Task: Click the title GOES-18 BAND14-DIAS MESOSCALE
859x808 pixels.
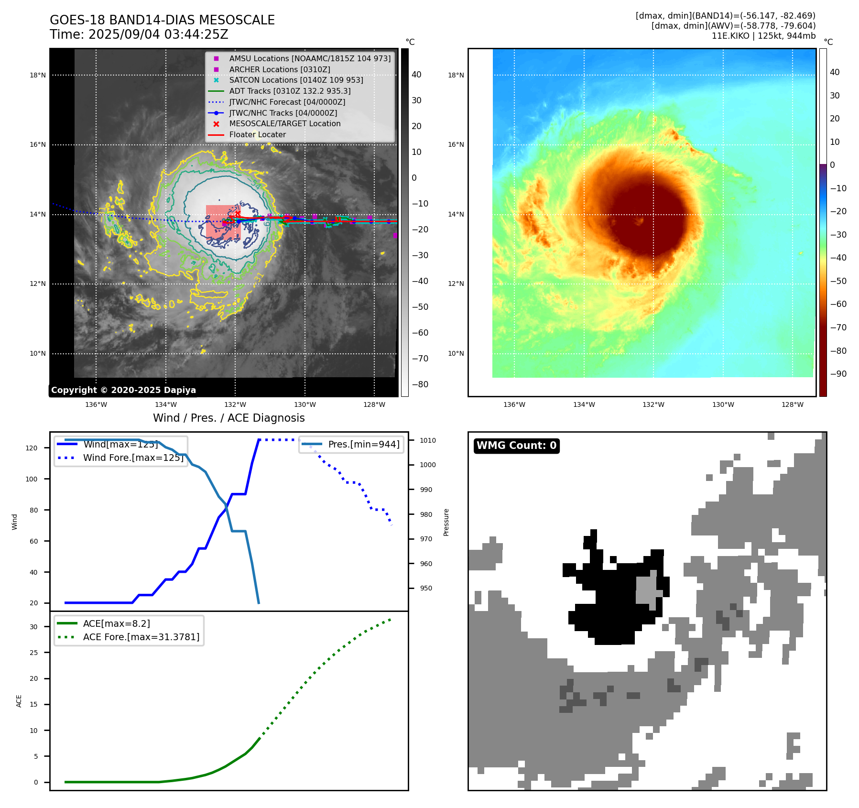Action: pos(162,20)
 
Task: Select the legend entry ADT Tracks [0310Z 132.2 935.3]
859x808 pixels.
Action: pos(290,91)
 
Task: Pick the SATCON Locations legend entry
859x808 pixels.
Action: pos(296,80)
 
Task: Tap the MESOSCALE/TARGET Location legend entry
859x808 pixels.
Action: pos(284,123)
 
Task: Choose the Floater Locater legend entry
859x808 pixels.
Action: pos(257,134)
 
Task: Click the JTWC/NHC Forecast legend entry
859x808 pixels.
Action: pos(287,102)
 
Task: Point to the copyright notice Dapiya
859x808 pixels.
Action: pos(123,390)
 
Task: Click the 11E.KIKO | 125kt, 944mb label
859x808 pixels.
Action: pos(763,36)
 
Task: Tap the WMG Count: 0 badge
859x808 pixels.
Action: pos(516,446)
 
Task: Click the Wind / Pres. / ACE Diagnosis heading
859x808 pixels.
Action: pos(228,418)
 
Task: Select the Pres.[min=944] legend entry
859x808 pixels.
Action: pos(363,444)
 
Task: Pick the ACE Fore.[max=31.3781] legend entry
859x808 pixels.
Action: pos(141,637)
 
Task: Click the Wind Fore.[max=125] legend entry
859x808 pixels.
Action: pos(133,458)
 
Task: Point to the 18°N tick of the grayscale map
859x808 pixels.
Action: pos(38,75)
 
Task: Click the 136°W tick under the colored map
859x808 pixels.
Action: pos(514,404)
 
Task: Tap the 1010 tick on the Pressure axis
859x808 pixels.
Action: pos(428,440)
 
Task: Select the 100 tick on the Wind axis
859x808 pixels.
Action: pos(32,479)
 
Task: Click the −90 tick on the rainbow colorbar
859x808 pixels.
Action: pos(838,374)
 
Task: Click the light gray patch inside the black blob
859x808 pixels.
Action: pos(647,589)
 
